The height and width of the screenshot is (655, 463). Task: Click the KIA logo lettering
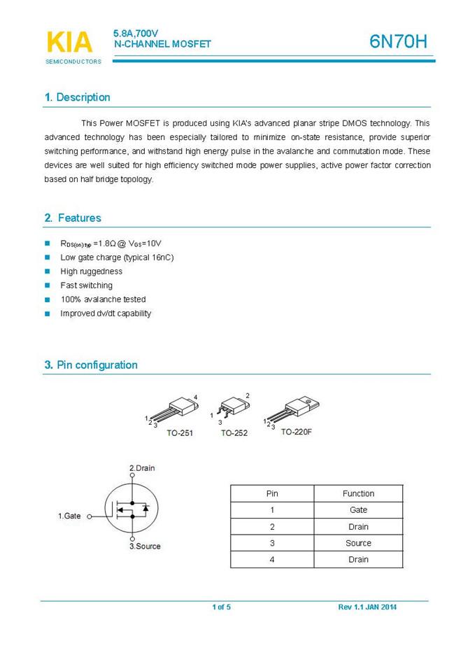(x=69, y=42)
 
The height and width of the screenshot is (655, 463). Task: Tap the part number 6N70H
(x=398, y=42)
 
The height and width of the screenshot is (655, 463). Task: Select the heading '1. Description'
(x=77, y=97)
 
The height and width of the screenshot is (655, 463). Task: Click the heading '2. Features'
(x=73, y=218)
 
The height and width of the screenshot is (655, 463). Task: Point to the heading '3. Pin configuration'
(x=91, y=365)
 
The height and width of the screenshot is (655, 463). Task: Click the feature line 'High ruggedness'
(x=91, y=272)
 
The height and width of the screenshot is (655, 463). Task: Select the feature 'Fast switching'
(x=86, y=286)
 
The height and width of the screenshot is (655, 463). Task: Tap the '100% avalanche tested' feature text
(x=103, y=300)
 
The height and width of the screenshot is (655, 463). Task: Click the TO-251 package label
(x=180, y=433)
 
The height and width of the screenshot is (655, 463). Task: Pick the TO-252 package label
(x=234, y=433)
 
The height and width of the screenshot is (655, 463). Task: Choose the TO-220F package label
(x=297, y=432)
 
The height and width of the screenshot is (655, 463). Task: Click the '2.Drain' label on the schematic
(x=142, y=468)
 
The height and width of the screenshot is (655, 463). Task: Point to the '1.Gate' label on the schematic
(x=69, y=516)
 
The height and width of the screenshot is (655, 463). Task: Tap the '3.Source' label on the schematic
(x=145, y=546)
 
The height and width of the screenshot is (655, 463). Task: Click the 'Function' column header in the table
(x=358, y=493)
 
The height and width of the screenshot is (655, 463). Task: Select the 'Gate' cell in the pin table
(x=358, y=510)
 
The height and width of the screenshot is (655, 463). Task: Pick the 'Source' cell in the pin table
(x=358, y=543)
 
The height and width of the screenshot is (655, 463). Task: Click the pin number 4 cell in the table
(x=272, y=559)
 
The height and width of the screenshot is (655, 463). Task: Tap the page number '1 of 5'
(x=221, y=607)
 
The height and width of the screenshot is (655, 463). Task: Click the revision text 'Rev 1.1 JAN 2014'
(x=367, y=607)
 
